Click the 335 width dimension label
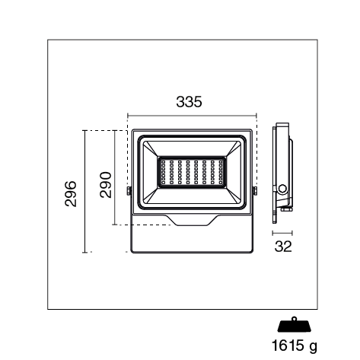[x=189, y=101]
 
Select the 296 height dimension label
[x=71, y=194]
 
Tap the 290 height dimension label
[x=106, y=185]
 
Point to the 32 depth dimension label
[x=283, y=246]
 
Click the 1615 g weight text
[x=295, y=346]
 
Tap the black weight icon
[x=295, y=325]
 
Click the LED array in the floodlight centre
[x=192, y=172]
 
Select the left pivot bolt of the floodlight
[x=129, y=191]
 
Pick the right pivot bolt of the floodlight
[x=255, y=191]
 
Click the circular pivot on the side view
[x=282, y=189]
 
